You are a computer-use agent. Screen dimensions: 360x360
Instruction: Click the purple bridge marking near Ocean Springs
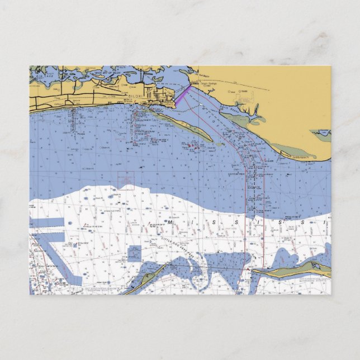pyautogui.click(x=183, y=93)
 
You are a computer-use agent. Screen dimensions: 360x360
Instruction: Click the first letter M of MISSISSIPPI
pyautogui.click(x=169, y=222)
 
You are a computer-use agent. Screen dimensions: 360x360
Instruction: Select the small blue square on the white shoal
pyautogui.click(x=134, y=253)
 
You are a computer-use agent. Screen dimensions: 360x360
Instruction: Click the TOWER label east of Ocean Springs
pyautogui.click(x=243, y=91)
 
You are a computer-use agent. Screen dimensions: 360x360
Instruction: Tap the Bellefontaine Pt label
pyautogui.click(x=302, y=157)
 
